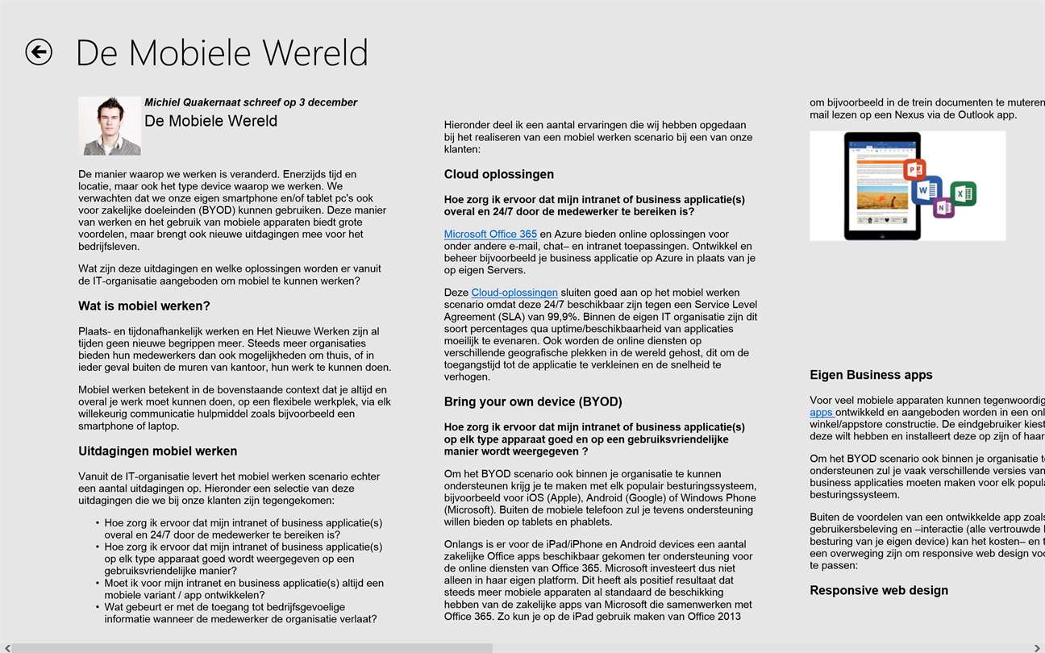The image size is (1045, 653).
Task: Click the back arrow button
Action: tap(39, 52)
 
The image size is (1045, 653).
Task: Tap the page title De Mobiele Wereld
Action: tap(222, 53)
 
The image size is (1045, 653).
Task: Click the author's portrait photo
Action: tap(110, 126)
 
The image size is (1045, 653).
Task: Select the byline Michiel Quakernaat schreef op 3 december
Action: tap(250, 102)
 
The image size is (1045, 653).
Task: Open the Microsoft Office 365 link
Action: tap(490, 235)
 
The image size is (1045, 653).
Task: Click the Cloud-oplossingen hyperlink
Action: tap(514, 293)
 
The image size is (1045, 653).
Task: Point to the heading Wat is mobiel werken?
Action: tap(144, 306)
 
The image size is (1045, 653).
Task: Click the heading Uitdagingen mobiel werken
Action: tap(157, 451)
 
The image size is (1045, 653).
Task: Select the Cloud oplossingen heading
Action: tap(498, 175)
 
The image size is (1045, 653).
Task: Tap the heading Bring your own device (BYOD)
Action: tap(533, 402)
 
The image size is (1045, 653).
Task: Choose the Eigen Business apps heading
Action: tap(871, 375)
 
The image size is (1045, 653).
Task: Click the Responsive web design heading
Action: tap(878, 591)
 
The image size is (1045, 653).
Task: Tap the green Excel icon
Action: tap(963, 193)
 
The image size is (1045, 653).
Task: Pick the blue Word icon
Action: tap(926, 190)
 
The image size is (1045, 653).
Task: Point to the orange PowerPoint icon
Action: tap(914, 170)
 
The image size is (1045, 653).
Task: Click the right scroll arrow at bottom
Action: tap(1039, 647)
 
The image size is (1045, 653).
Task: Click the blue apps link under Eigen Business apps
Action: tap(821, 412)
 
